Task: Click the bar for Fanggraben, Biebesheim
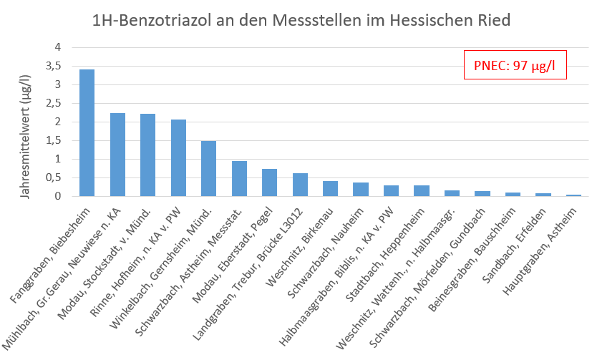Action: pos(87,132)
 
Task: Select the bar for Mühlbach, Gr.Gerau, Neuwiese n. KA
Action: pos(117,155)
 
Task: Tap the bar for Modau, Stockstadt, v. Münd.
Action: pos(147,155)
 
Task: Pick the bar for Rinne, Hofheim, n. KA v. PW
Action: pos(178,157)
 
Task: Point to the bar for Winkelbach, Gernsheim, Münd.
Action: pos(208,168)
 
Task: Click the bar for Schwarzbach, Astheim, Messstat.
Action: pos(239,178)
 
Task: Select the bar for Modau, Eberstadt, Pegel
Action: pos(269,183)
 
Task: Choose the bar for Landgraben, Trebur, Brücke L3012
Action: pos(300,185)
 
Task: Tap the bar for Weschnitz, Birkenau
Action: pos(330,188)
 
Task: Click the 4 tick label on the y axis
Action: pos(59,47)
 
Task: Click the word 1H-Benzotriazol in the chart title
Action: pos(155,20)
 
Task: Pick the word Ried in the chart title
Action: pos(493,20)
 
